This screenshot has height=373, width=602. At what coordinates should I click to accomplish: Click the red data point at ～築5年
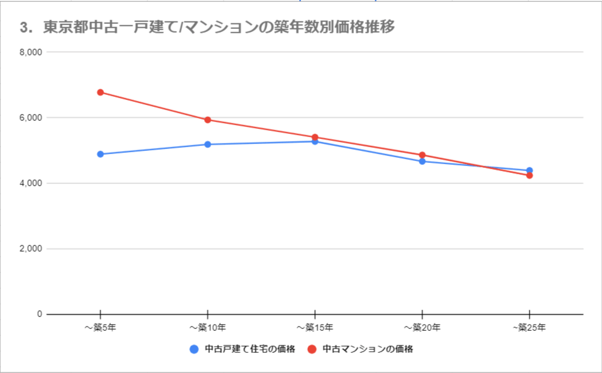coord(100,92)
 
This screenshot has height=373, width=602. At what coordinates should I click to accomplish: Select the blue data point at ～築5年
coord(100,154)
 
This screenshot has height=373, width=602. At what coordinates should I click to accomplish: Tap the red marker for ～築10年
coord(208,120)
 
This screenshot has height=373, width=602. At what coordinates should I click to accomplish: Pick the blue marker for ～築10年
coord(208,145)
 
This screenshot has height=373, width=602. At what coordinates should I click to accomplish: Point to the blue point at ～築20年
coord(422,162)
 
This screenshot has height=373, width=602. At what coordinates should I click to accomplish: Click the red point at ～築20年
coord(422,155)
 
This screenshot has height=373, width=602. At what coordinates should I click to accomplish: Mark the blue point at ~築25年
coord(530,170)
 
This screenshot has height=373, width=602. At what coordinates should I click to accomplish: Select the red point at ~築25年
coord(530,175)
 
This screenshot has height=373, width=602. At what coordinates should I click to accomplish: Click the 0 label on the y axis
coord(39,314)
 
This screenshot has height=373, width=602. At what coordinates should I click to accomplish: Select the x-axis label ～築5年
coord(100,328)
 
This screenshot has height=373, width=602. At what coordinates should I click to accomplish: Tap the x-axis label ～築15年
coord(315,328)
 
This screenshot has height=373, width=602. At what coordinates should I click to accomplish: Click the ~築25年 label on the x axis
coord(530,328)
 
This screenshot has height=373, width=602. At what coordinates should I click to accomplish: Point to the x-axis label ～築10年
coord(208,328)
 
